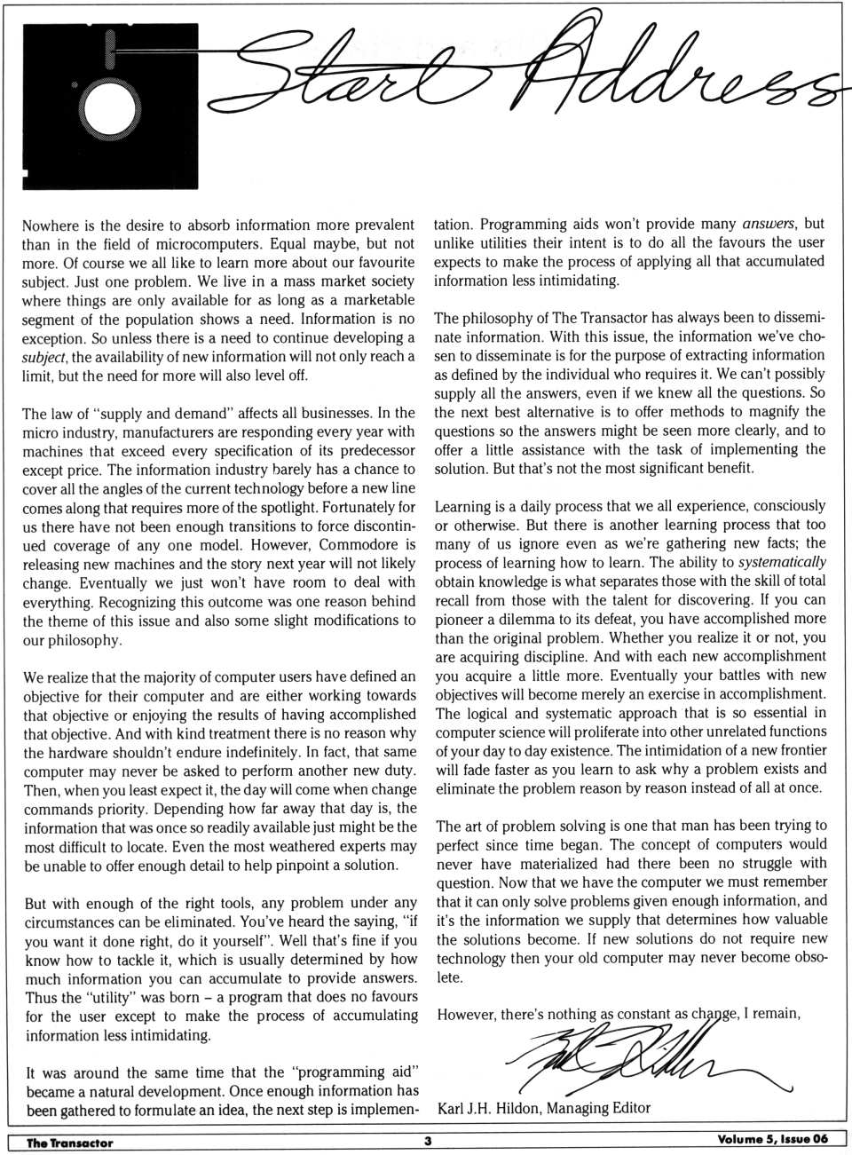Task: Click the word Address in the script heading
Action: [x=674, y=75]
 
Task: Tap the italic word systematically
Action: [x=782, y=562]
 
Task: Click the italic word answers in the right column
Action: [x=770, y=224]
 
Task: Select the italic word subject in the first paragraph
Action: [x=43, y=357]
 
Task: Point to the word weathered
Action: [x=296, y=846]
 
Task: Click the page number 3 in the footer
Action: [x=427, y=1142]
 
